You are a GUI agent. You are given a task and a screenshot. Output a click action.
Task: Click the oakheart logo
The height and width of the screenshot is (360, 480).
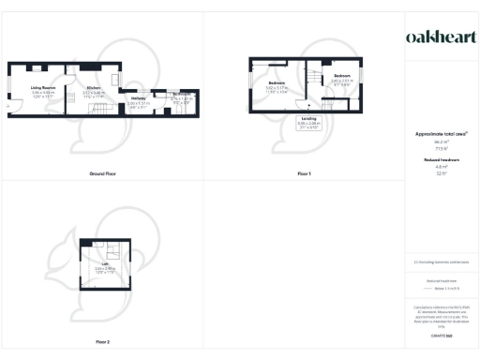pos(440,37)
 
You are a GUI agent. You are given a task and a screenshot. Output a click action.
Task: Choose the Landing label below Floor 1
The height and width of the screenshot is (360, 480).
pos(308,118)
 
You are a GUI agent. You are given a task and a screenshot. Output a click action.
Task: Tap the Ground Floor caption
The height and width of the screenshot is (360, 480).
pos(102,174)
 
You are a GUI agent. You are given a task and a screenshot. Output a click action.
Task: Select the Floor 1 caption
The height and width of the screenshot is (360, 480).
pos(305,174)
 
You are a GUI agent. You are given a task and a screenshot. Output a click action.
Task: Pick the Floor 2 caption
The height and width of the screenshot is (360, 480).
pos(102,342)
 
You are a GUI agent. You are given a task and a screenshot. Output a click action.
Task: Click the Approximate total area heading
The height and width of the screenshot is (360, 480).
pos(440,135)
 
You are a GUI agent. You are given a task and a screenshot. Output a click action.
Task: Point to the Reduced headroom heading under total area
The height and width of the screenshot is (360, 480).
pos(440,160)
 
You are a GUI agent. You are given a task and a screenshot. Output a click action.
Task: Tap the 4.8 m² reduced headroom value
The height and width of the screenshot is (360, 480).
pos(440,167)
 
